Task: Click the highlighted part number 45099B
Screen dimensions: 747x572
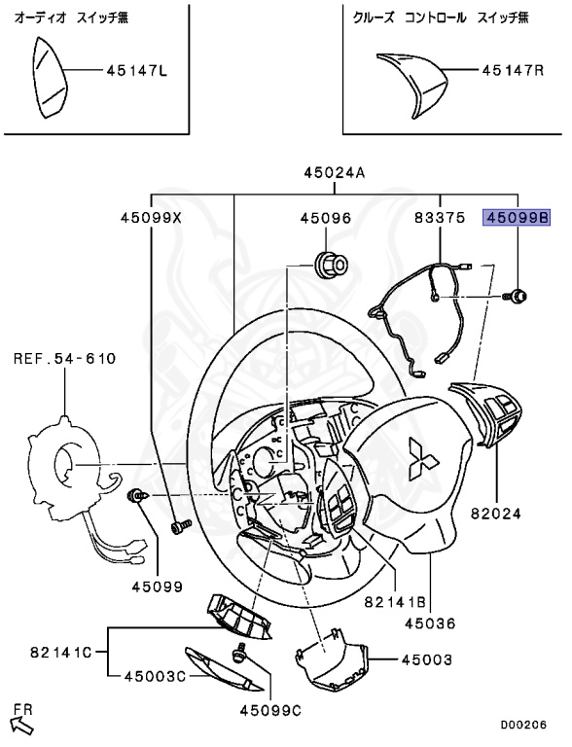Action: [518, 219]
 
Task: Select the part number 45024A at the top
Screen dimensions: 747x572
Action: [334, 173]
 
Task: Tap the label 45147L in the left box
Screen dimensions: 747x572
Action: [136, 71]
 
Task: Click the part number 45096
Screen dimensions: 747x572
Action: [325, 219]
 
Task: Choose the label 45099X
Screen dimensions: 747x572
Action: [151, 219]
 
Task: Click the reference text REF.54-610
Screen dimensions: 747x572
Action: [64, 359]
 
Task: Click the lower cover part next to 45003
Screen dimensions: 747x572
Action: [332, 662]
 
